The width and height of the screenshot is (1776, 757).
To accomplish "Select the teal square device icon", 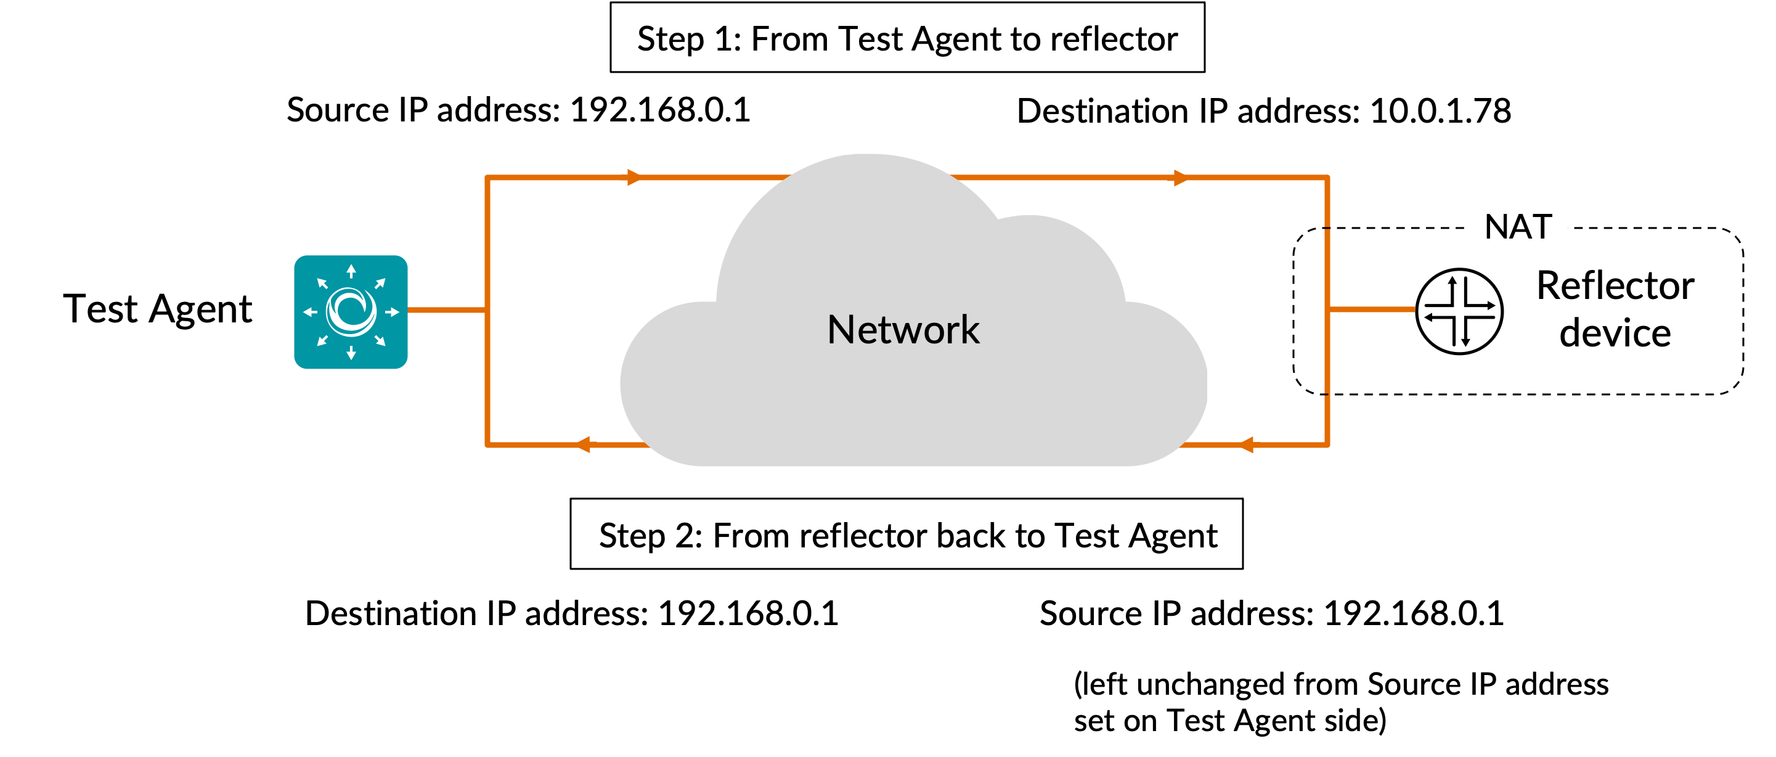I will click(x=351, y=312).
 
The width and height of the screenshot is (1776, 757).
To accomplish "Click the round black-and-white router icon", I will click(x=1459, y=310).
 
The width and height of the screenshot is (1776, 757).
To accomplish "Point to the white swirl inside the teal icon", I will click(x=351, y=312).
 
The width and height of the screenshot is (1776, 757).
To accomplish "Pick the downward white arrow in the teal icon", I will click(x=351, y=353).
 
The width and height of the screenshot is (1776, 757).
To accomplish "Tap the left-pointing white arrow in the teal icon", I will click(x=310, y=313).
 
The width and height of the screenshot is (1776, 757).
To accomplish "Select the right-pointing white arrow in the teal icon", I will click(x=393, y=313).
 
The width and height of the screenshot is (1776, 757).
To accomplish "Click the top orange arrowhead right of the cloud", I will click(x=1180, y=177).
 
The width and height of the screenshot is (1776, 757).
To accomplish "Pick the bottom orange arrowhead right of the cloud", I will click(x=1247, y=444).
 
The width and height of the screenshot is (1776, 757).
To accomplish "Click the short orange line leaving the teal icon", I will click(x=447, y=310).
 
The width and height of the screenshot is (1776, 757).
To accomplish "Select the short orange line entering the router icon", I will click(x=1371, y=309).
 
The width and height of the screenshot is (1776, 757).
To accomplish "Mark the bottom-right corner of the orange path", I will click(x=1327, y=444).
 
